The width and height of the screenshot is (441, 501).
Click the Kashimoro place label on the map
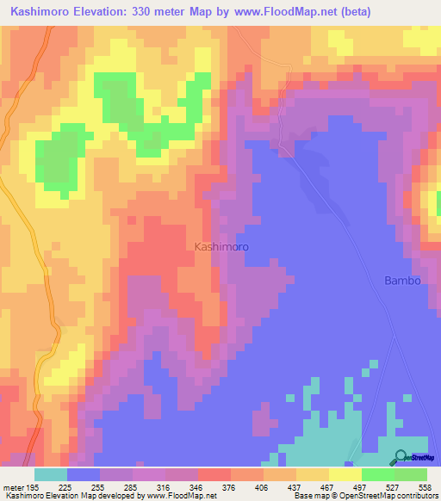click(221, 246)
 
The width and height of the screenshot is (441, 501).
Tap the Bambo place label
click(401, 281)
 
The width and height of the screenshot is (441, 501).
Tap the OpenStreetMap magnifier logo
click(401, 457)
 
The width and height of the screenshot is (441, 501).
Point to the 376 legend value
click(230, 486)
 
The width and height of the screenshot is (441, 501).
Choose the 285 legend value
click(132, 486)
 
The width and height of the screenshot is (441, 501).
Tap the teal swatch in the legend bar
click(51, 474)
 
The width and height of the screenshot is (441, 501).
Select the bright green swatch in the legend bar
click(378, 474)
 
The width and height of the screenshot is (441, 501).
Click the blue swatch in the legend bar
click(84, 474)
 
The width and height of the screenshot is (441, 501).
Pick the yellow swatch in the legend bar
click(345, 474)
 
